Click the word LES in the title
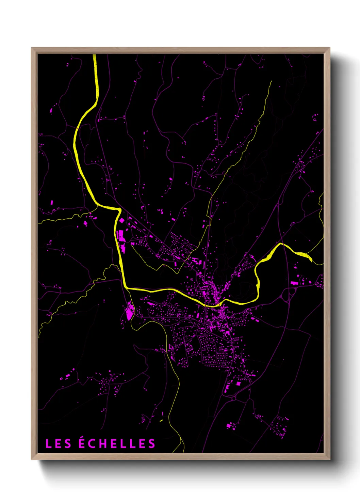tap(58, 444)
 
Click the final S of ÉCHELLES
tap(152, 444)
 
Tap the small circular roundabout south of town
tap(234, 397)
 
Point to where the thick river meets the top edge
tap(95, 55)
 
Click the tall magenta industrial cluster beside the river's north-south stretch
tap(121, 236)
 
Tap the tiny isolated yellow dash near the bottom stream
tap(161, 421)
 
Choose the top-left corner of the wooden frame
tap(32, 48)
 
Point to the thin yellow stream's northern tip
tap(272, 81)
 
